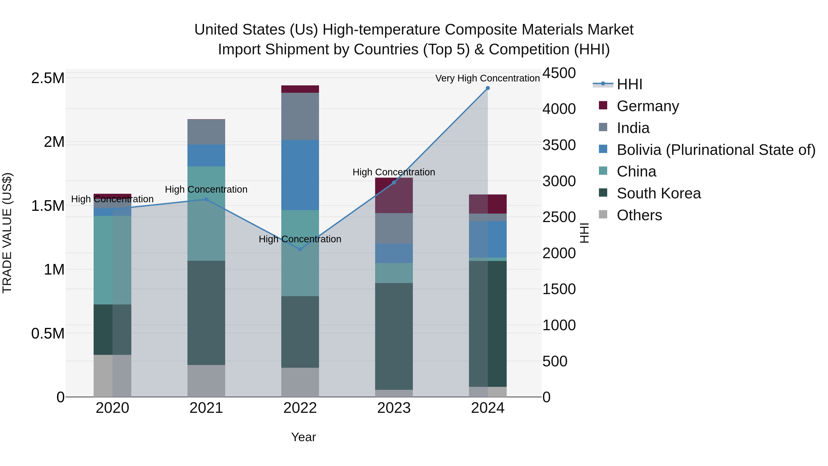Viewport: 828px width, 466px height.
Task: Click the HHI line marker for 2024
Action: tap(488, 88)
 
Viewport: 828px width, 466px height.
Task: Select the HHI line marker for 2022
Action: tap(300, 249)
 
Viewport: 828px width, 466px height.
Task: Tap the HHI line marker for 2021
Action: tap(206, 199)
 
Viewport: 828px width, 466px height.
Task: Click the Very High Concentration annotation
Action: tap(487, 78)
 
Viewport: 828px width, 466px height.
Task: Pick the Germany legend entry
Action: tap(648, 106)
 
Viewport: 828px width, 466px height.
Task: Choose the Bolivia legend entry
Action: tap(716, 150)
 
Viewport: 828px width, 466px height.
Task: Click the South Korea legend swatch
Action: tap(603, 193)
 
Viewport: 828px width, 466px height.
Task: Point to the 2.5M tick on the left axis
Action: tap(48, 78)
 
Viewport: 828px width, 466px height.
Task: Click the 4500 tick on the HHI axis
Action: tap(559, 73)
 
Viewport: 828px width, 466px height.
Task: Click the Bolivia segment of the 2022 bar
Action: tap(300, 175)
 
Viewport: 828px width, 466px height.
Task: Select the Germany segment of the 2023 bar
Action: tap(394, 195)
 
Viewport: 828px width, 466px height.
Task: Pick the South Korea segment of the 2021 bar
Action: tap(206, 313)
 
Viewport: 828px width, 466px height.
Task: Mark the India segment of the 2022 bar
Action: tap(300, 116)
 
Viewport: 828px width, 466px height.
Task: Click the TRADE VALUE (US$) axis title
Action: tap(7, 233)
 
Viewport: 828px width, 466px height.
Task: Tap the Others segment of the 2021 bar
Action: tap(206, 381)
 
